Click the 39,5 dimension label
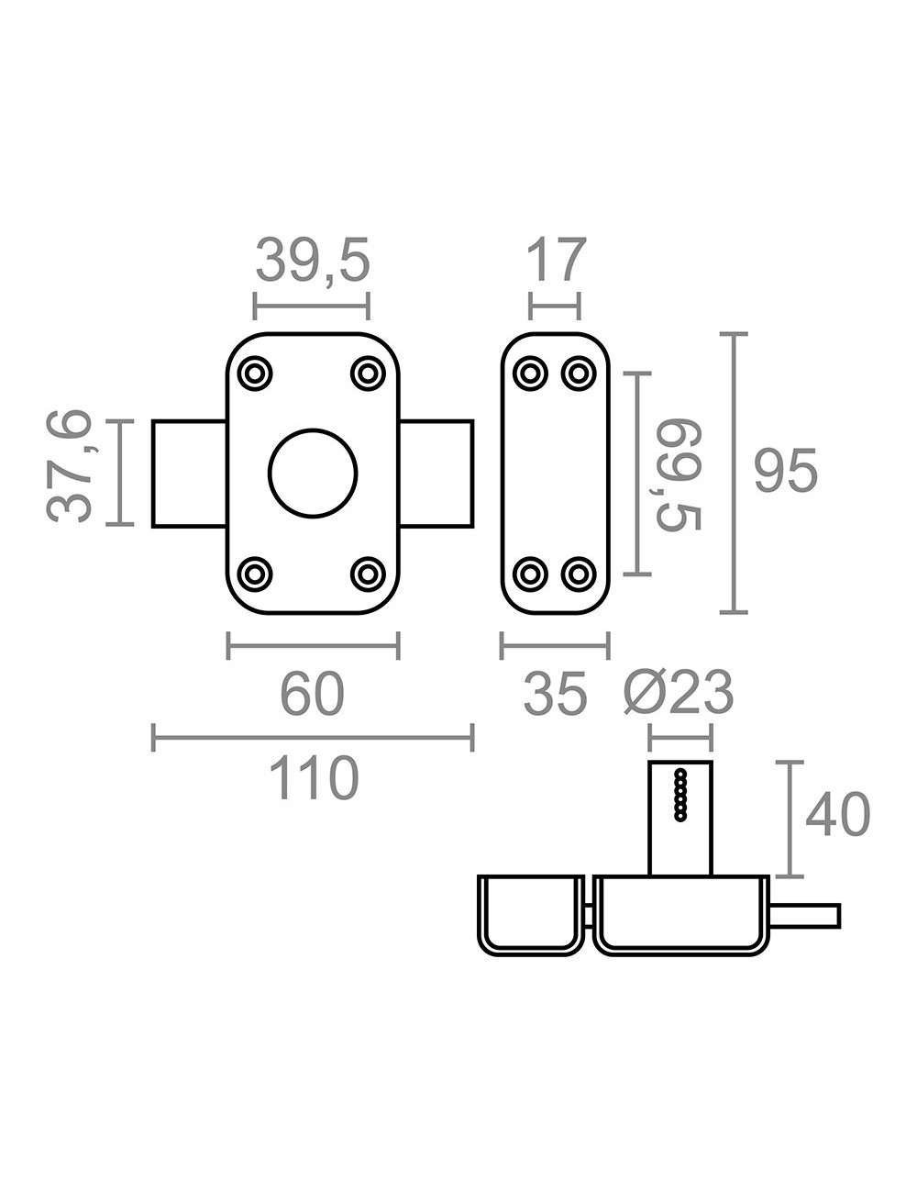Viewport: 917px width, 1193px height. [x=314, y=262]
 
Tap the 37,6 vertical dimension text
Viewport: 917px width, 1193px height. [x=69, y=466]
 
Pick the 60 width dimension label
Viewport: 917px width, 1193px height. [x=312, y=694]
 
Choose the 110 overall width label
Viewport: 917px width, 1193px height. [x=314, y=777]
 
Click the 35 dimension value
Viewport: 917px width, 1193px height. [x=555, y=694]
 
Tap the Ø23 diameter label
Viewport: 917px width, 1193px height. [x=679, y=693]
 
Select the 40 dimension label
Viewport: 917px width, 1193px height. [x=838, y=814]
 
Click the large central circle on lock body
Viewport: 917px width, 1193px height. [x=313, y=474]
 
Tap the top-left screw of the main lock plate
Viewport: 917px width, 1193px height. [x=255, y=374]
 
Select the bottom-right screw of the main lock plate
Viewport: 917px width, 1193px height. [x=368, y=574]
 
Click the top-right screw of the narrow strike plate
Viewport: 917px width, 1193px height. [x=579, y=374]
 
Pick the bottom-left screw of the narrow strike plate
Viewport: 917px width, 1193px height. [x=530, y=574]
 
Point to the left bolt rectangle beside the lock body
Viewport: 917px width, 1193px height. [x=189, y=474]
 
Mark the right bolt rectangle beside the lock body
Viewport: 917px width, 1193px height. [x=436, y=474]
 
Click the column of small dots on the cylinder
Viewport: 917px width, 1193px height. [x=680, y=795]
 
